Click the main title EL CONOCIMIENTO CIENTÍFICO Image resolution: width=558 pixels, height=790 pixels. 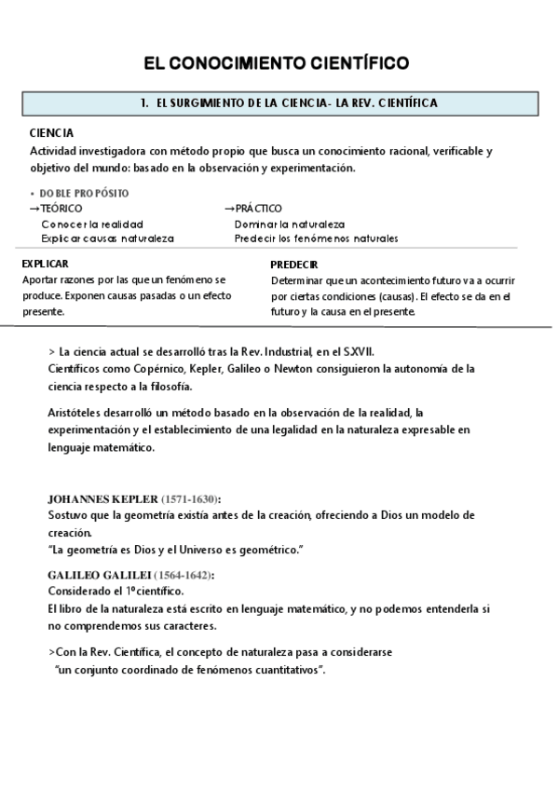(276, 63)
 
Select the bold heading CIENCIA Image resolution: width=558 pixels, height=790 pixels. (52, 133)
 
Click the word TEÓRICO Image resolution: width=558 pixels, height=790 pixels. (61, 209)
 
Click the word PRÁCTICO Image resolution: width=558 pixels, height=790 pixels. (258, 209)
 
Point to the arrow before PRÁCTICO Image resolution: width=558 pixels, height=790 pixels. (229, 209)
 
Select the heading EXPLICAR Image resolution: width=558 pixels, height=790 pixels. (45, 264)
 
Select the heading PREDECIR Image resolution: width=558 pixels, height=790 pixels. (294, 265)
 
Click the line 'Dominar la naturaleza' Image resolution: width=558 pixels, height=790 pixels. (290, 224)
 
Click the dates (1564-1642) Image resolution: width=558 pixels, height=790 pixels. (184, 575)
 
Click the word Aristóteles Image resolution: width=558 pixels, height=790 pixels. (78, 412)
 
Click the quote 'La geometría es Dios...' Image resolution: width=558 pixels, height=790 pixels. (176, 549)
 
